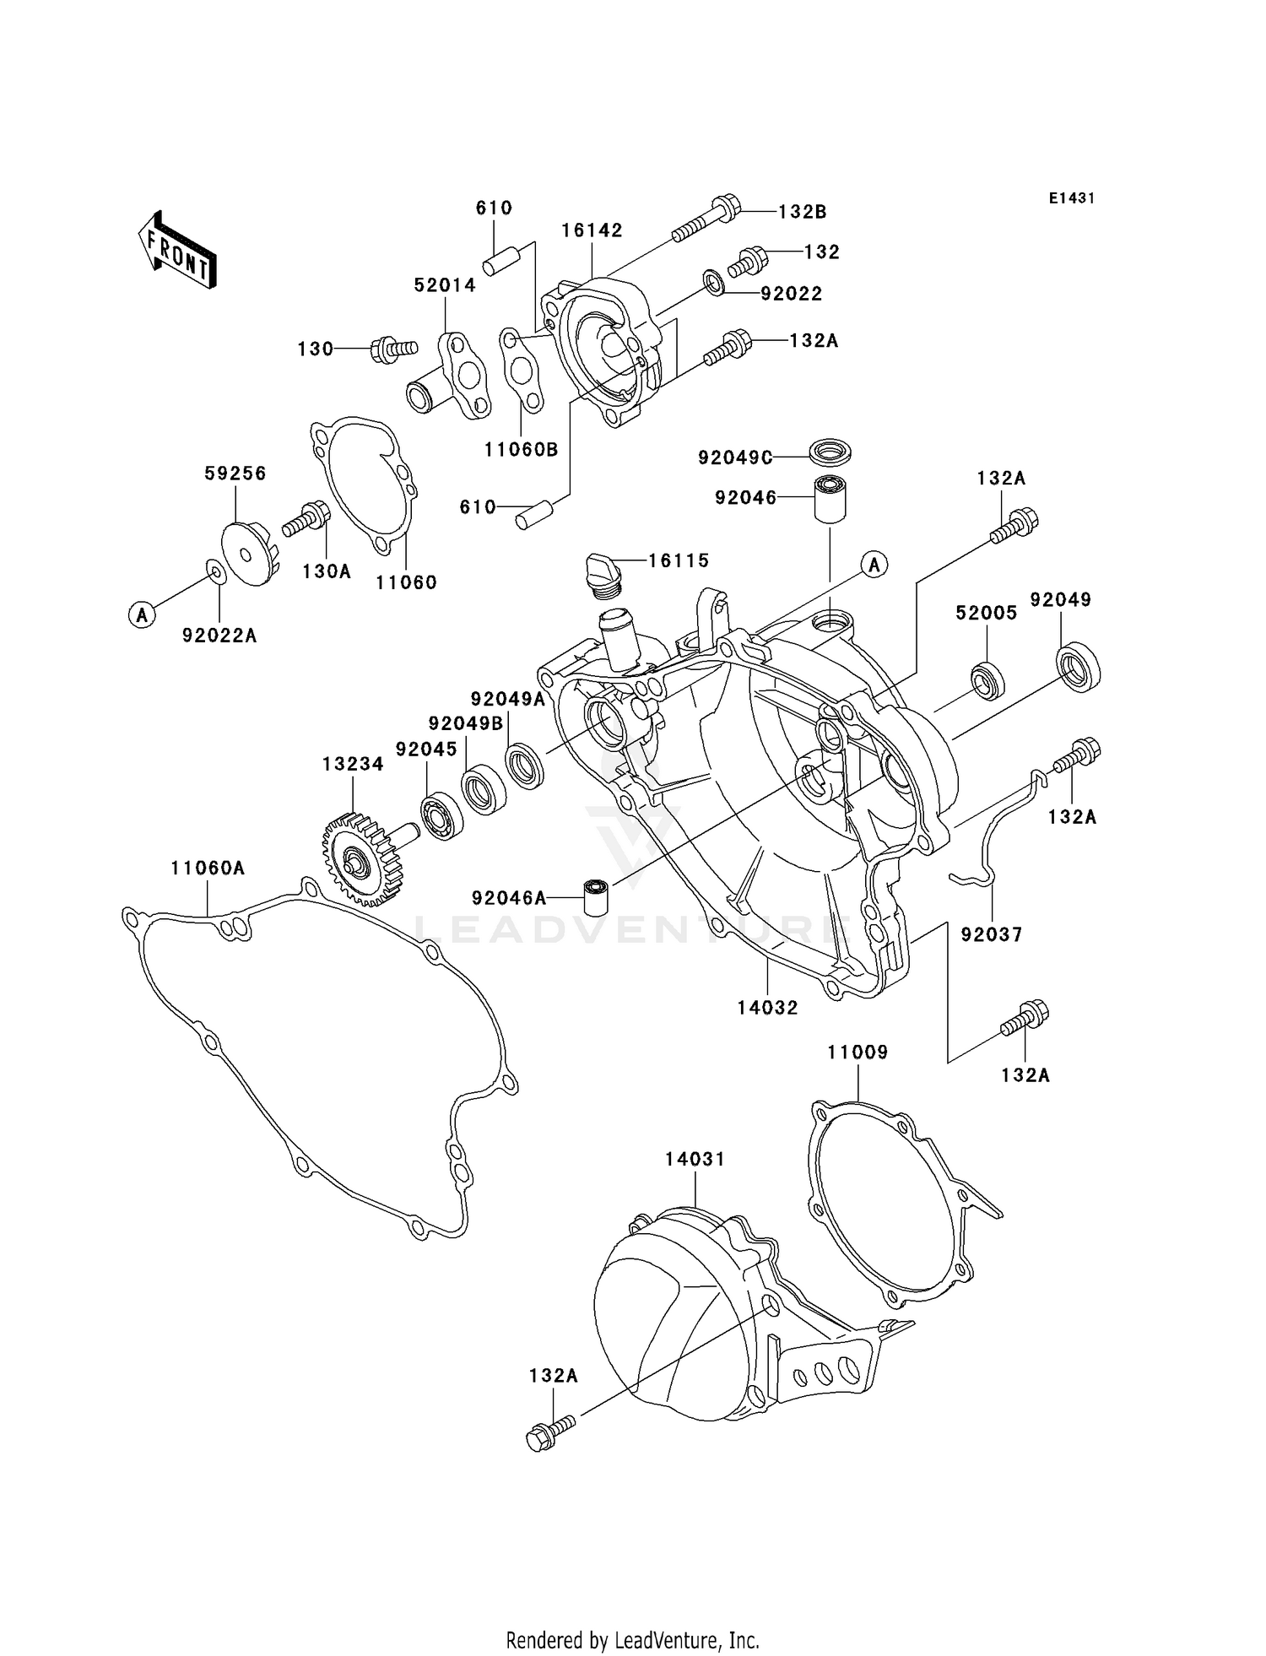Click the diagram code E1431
1071,198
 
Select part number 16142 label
592,230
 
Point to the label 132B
801,212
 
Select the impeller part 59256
246,553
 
